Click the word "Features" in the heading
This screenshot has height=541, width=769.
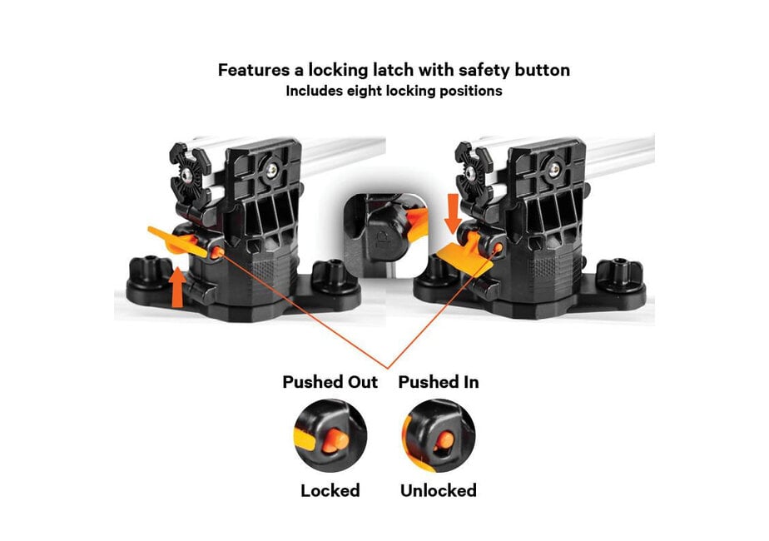254,70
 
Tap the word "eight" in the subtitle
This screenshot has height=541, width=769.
365,92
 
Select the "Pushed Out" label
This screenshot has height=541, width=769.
330,381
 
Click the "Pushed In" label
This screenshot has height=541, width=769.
439,381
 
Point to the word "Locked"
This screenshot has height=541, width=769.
330,490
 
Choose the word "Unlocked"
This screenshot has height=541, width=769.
439,490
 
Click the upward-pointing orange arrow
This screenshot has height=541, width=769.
177,287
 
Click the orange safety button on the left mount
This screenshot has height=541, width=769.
217,252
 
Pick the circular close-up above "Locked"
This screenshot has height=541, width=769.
330,435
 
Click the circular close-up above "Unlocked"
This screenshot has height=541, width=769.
439,435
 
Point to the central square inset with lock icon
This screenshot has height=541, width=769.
386,236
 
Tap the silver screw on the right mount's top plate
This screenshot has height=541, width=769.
554,170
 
